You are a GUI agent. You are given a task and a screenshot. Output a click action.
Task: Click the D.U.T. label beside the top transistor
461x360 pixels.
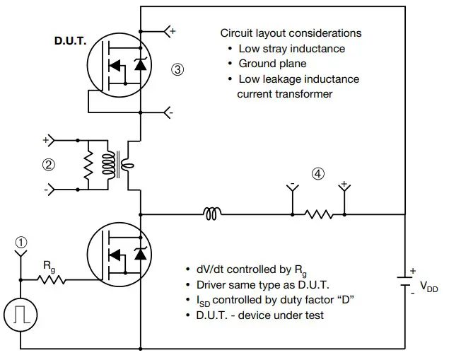[x=70, y=41]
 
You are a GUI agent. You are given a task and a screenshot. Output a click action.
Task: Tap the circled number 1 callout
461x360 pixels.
[x=21, y=242]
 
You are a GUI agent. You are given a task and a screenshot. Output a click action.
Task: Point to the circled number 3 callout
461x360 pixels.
[x=177, y=69]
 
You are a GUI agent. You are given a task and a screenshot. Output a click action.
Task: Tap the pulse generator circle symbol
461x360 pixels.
[x=21, y=313]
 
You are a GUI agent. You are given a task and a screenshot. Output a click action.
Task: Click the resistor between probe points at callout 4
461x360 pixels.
[x=318, y=213]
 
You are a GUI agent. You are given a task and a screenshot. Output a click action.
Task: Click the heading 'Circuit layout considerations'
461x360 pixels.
[x=291, y=33]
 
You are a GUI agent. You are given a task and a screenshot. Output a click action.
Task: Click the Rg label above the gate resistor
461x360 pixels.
[x=48, y=266]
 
